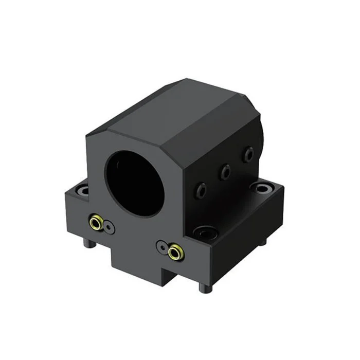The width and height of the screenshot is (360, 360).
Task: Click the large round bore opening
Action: pyautogui.click(x=134, y=177)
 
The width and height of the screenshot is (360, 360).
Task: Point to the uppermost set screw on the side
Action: pyautogui.click(x=249, y=153)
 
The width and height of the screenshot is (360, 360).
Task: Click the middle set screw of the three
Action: pyautogui.click(x=224, y=172)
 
